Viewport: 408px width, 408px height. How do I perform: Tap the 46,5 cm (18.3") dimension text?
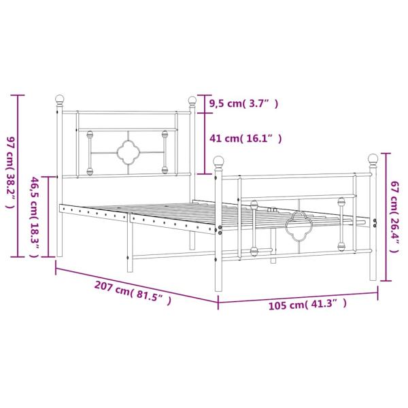coord(34,216)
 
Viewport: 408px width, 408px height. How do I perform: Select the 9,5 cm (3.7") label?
coord(243,103)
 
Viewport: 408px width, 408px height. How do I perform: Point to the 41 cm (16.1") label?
coord(245,139)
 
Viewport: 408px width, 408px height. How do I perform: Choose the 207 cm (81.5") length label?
coord(133,293)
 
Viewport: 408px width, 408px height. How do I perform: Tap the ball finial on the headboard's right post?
coord(192,102)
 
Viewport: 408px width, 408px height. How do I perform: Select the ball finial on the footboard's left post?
coord(218,162)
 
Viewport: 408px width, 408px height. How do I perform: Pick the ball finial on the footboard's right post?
coord(373,159)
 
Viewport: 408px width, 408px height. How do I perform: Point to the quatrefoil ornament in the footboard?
coord(297,226)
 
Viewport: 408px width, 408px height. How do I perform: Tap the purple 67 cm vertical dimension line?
coord(386,216)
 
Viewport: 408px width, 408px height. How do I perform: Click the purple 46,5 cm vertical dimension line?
coord(47,217)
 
